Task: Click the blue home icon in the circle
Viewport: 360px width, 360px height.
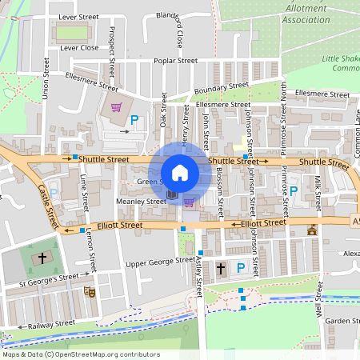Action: point(180,173)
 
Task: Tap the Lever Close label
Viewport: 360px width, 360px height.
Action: point(78,48)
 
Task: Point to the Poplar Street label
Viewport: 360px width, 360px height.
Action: point(176,61)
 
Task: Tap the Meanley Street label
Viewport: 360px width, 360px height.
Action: point(141,202)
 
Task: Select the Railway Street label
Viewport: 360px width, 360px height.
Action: point(51,324)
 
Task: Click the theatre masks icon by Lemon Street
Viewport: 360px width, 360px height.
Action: point(90,292)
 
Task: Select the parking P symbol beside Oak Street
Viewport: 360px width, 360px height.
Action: point(134,121)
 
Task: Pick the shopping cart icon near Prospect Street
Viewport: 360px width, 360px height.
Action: point(116,106)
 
